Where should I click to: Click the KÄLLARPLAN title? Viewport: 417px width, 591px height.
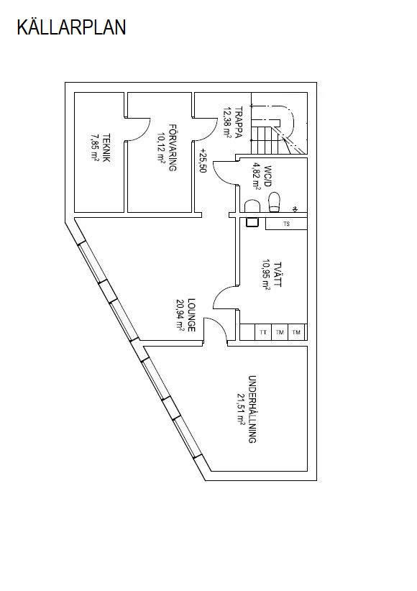click(71, 27)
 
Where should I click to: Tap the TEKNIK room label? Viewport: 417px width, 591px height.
click(106, 148)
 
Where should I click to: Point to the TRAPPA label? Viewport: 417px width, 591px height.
click(238, 123)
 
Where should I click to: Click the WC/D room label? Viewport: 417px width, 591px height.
click(267, 176)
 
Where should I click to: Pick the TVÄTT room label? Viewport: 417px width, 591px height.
click(278, 275)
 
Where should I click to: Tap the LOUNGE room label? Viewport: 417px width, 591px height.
click(191, 315)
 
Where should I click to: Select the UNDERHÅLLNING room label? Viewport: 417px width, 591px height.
click(252, 409)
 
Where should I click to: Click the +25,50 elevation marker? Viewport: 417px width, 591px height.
click(203, 160)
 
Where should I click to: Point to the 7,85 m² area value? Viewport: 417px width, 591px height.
click(94, 148)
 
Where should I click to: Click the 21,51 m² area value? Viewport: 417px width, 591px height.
click(241, 409)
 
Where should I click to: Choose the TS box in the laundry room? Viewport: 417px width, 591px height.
click(286, 224)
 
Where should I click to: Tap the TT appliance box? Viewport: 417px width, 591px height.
click(263, 332)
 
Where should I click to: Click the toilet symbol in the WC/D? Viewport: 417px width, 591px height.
click(274, 202)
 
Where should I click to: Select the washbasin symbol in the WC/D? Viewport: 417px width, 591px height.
click(252, 206)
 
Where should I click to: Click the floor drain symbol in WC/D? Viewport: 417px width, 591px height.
click(295, 209)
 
